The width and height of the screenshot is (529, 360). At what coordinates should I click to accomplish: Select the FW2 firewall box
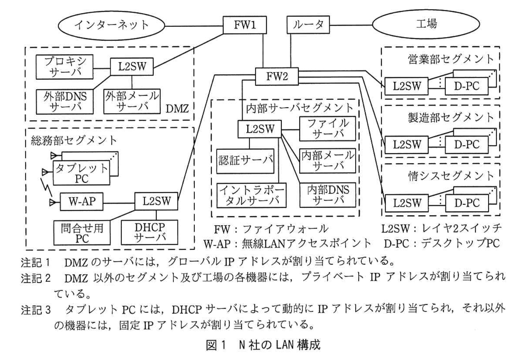[x=277, y=76]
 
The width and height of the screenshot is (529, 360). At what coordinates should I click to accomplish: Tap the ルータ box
[x=308, y=25]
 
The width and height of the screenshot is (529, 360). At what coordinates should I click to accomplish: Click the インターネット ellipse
[x=111, y=25]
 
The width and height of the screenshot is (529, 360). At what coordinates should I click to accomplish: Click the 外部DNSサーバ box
[x=65, y=102]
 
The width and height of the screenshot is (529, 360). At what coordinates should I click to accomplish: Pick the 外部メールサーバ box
[x=132, y=101]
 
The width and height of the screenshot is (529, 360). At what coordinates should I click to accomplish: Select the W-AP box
[x=82, y=202]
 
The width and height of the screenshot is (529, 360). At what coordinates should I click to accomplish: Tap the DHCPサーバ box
[x=149, y=232]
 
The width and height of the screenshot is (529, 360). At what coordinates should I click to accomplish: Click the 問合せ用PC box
[x=82, y=233]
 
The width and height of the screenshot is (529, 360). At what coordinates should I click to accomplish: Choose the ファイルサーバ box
[x=327, y=129]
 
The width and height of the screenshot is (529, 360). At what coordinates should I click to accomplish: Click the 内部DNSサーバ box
[x=327, y=195]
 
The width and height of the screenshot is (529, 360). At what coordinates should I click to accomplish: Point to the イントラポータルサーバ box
[x=251, y=195]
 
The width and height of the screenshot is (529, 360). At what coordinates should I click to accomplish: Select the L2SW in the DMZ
[x=132, y=67]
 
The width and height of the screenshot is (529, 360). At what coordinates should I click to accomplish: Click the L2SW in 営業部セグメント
[x=407, y=86]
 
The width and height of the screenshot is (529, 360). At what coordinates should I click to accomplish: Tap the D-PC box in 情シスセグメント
[x=467, y=203]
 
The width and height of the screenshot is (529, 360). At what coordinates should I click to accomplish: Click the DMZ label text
[x=177, y=109]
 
